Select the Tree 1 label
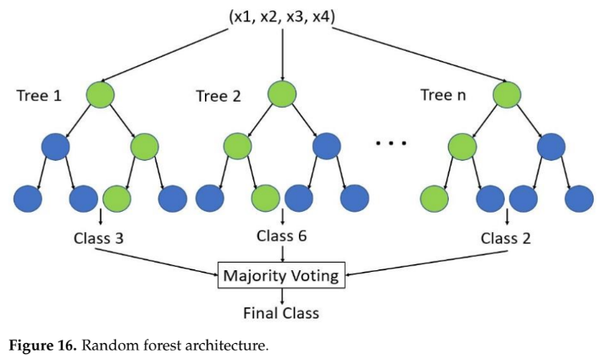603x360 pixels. pos(39,96)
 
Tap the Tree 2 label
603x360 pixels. pos(219,96)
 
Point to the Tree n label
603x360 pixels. pos(443,95)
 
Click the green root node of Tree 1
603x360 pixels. pos(100,92)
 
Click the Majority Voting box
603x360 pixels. pos(281,275)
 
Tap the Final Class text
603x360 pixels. pos(280,313)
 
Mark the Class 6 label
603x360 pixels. pos(282,238)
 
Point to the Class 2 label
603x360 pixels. pos(506,238)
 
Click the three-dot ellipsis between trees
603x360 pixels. pos(391,144)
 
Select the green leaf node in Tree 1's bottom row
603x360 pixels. pos(117,198)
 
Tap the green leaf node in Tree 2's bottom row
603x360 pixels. pos(266,198)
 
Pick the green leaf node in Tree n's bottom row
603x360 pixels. pos(435,198)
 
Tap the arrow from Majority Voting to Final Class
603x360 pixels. pos(282,296)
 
